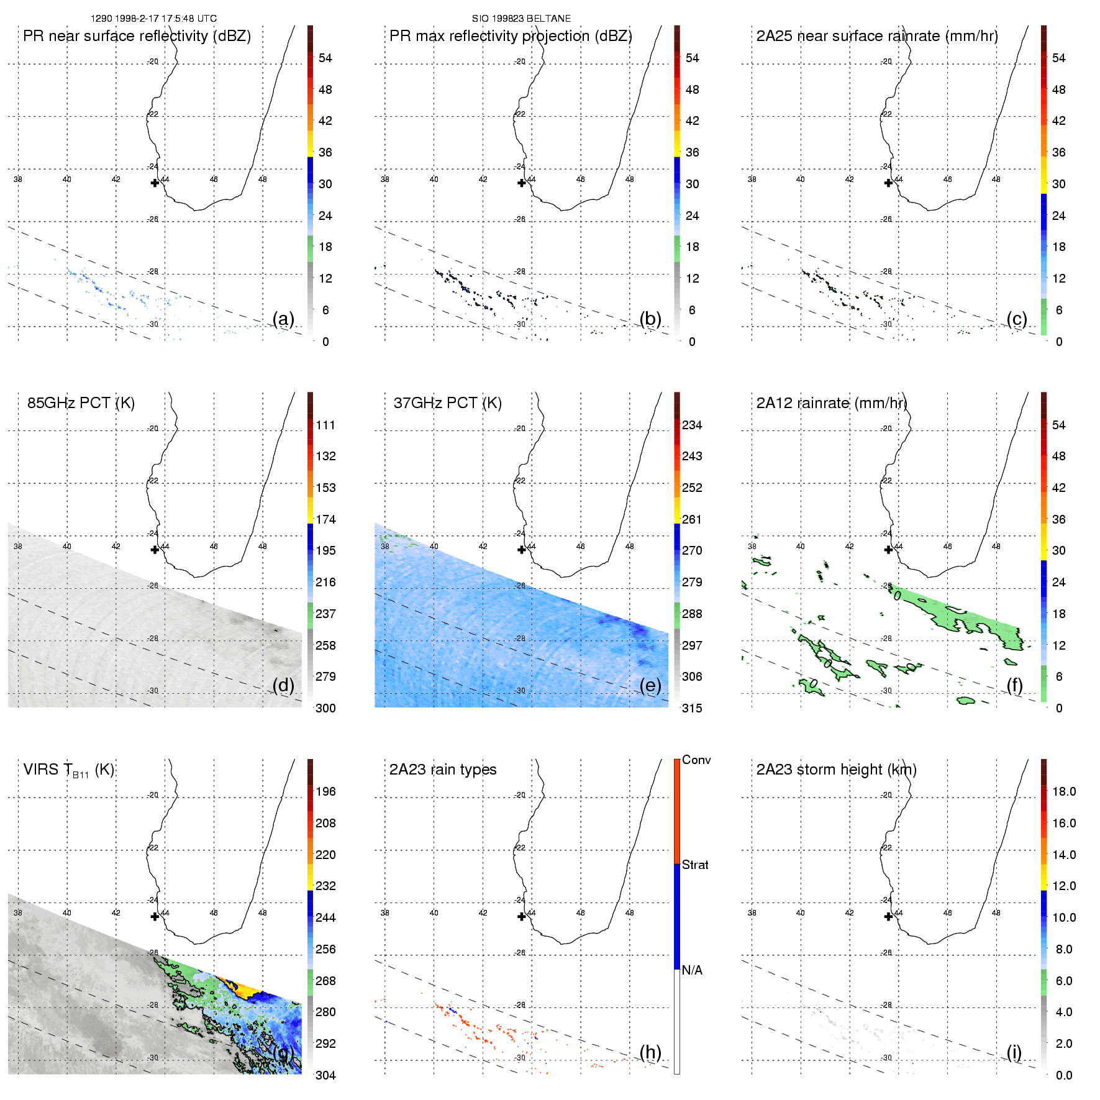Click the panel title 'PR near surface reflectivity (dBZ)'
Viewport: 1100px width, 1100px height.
[x=137, y=36]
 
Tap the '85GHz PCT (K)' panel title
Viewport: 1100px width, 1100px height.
[x=81, y=403]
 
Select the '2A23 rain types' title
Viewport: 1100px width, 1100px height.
[x=443, y=770]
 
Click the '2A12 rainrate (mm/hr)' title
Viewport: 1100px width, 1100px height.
[x=832, y=403]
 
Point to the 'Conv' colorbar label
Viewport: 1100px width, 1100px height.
[x=696, y=760]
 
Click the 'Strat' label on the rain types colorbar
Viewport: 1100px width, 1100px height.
[x=695, y=865]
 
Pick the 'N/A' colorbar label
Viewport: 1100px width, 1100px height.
[x=692, y=970]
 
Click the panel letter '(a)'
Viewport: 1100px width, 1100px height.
[x=283, y=319]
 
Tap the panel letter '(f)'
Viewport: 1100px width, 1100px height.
[x=1015, y=685]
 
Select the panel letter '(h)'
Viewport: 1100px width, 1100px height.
[x=650, y=1052]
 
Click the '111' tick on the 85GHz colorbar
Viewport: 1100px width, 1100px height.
[x=325, y=425]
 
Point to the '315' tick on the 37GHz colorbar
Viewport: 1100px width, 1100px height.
[x=692, y=708]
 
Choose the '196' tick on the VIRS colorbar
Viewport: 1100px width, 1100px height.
[x=325, y=792]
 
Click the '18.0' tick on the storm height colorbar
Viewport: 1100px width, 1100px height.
[x=1064, y=792]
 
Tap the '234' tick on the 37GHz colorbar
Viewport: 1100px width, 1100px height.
[x=692, y=425]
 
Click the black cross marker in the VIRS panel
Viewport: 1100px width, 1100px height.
[x=155, y=916]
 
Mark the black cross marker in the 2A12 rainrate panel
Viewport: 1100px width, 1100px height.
[x=888, y=550]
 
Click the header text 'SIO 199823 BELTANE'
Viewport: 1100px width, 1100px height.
[x=521, y=19]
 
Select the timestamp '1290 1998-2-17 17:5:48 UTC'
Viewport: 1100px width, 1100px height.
[x=153, y=19]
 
